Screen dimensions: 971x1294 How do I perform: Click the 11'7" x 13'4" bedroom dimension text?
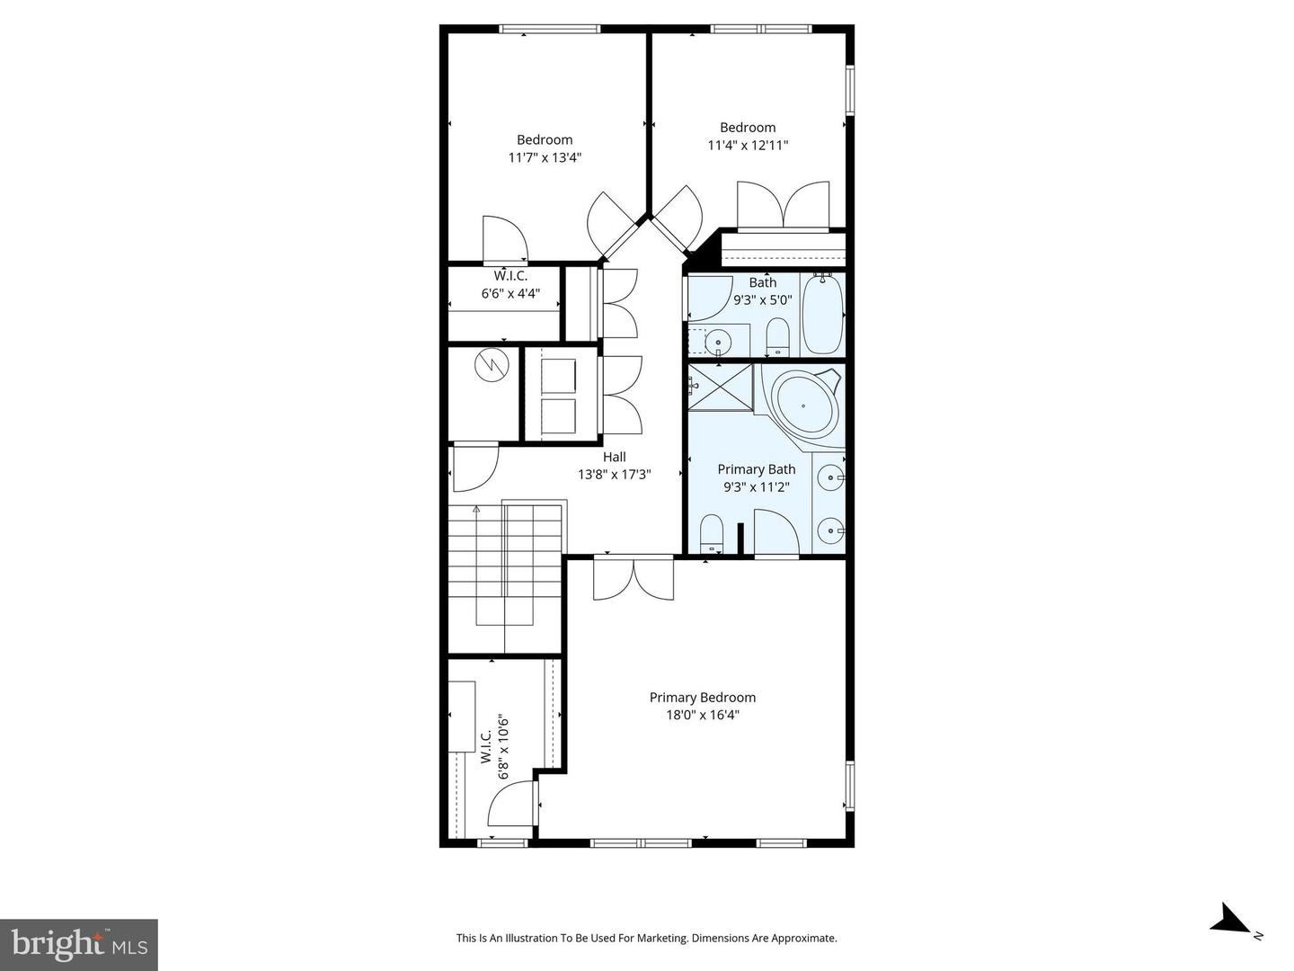[x=545, y=157]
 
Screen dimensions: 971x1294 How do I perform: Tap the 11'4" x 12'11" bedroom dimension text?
[x=748, y=145]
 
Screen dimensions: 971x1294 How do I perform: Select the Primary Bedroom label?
[x=702, y=697]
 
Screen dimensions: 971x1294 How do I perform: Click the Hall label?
[x=615, y=457]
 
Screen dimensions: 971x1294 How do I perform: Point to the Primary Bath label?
[x=756, y=468]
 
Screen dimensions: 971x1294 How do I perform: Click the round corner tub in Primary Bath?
[x=806, y=405]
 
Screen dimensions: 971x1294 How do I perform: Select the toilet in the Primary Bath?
[x=712, y=533]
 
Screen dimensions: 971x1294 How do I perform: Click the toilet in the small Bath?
[x=777, y=338]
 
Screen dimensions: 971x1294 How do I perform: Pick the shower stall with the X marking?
[x=720, y=386]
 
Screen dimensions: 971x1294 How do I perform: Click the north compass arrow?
[x=1231, y=921]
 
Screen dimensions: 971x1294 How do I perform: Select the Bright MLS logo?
[x=78, y=944]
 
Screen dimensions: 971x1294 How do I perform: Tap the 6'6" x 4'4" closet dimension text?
[x=510, y=293]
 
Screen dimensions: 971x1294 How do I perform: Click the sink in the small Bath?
[x=718, y=342]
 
